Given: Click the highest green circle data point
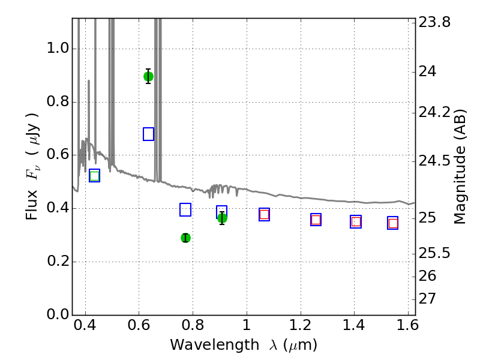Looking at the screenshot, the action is [x=148, y=77].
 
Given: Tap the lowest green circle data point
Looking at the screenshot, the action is [x=185, y=238].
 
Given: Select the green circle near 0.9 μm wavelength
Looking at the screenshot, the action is [x=222, y=218].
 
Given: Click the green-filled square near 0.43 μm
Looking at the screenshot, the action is [x=94, y=176].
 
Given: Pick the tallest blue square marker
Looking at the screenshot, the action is [x=148, y=134].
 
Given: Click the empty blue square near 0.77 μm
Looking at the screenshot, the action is [x=185, y=209].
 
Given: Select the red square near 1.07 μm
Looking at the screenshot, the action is [x=264, y=214].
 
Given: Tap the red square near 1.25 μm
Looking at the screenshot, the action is [x=316, y=220].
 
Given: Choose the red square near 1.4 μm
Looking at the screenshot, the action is [x=356, y=221].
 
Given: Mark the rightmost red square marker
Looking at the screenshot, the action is [x=393, y=223].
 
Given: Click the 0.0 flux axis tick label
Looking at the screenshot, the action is [x=58, y=314].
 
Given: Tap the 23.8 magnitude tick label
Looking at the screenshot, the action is [x=434, y=22].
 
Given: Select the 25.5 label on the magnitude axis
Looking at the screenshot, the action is [x=434, y=253].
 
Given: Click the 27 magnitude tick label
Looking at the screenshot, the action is [x=427, y=299].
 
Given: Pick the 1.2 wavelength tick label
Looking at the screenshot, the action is [x=301, y=325].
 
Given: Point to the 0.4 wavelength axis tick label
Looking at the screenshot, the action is [x=85, y=325].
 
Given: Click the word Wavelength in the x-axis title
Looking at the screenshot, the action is [x=215, y=344].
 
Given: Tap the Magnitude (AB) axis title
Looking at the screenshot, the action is [x=460, y=167].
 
